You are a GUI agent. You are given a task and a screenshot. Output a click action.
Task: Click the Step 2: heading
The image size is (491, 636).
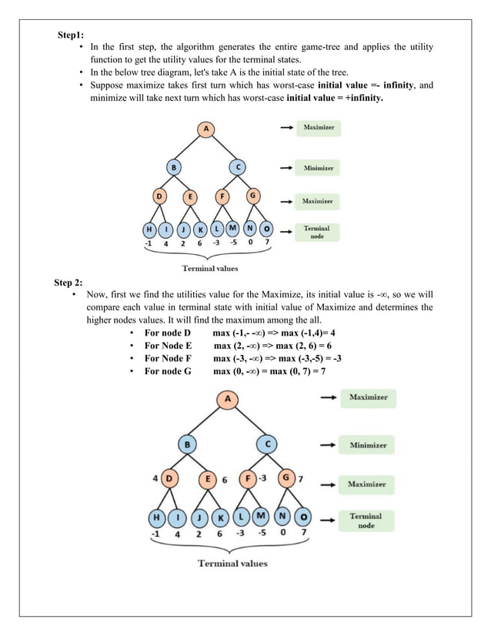(x=71, y=283)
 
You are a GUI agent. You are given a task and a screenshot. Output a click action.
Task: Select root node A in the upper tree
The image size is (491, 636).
(x=205, y=129)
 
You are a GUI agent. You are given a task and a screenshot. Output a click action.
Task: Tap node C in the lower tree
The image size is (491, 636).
(x=268, y=444)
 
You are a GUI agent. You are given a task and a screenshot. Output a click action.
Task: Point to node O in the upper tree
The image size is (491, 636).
(x=266, y=229)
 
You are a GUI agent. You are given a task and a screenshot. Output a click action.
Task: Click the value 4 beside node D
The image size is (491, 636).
(x=155, y=478)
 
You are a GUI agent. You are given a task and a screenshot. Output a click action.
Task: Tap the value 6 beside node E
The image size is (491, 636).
(x=225, y=479)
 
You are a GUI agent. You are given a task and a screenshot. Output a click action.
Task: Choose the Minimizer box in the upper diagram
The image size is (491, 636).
(x=319, y=167)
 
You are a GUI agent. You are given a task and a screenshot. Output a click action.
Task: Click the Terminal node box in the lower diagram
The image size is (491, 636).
(x=366, y=521)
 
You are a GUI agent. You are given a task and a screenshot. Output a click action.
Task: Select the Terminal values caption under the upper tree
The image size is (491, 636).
(x=210, y=268)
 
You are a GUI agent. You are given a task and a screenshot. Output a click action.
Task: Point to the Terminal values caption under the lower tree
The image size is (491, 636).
(x=232, y=563)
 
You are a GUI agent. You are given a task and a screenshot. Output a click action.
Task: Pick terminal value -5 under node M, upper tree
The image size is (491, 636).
(x=233, y=243)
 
